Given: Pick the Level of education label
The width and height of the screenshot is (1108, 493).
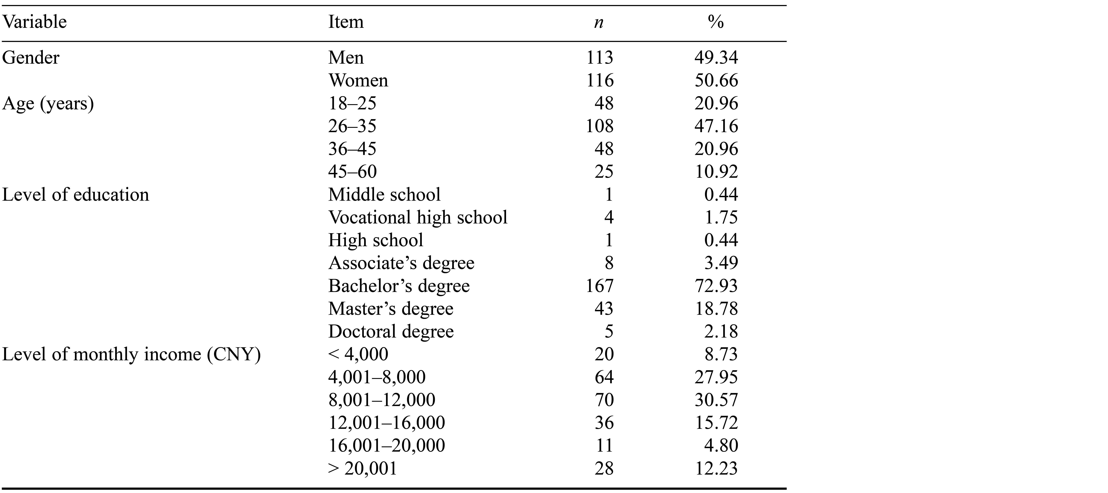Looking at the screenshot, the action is (x=76, y=195).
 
